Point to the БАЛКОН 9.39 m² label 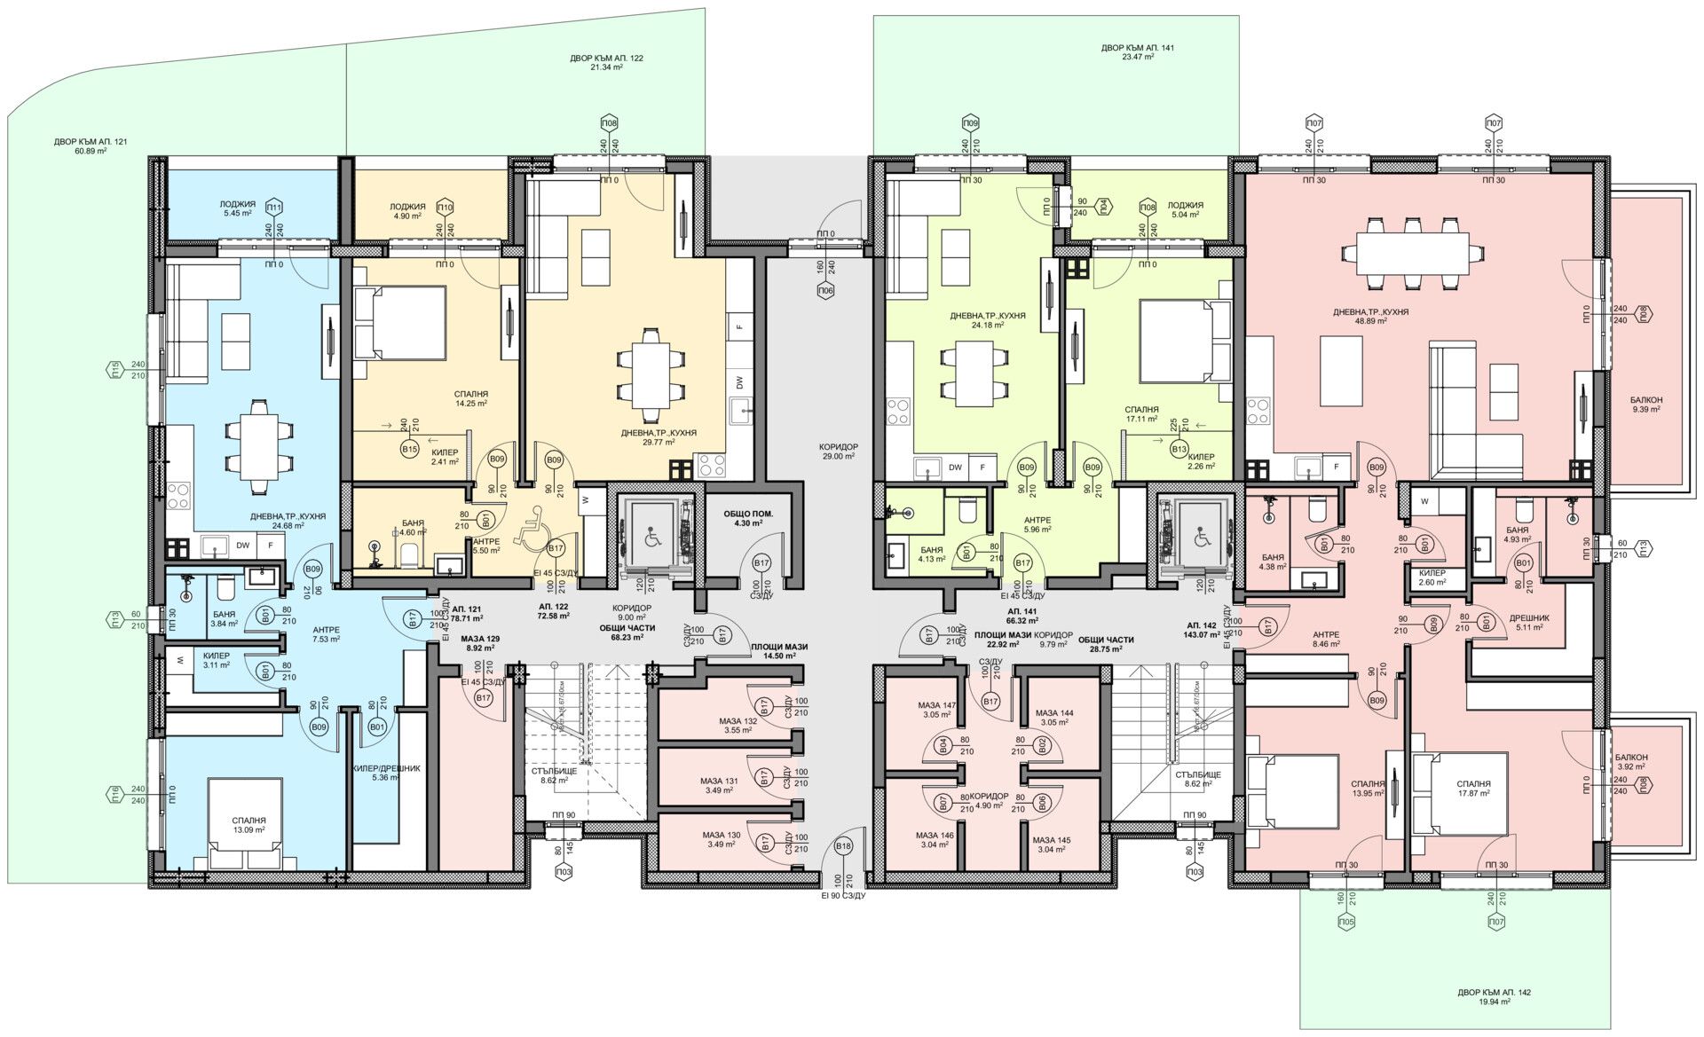[x=1647, y=405]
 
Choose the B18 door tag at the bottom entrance [x=843, y=847]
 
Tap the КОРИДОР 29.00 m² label [x=839, y=451]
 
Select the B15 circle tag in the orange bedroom [x=409, y=450]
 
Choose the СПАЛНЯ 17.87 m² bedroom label [x=1473, y=790]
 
